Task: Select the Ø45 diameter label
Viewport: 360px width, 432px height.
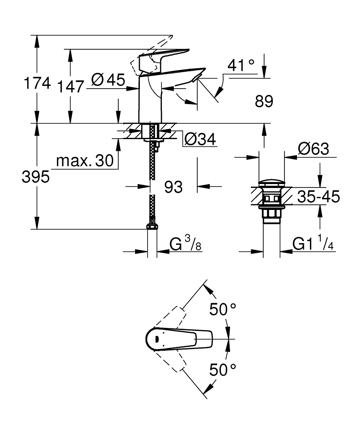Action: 108,80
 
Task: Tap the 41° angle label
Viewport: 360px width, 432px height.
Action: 241,66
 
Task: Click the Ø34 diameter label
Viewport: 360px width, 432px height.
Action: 200,139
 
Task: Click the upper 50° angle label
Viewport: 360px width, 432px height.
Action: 223,309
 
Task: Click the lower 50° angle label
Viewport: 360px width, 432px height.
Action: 223,370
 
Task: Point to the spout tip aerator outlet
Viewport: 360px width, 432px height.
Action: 196,78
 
